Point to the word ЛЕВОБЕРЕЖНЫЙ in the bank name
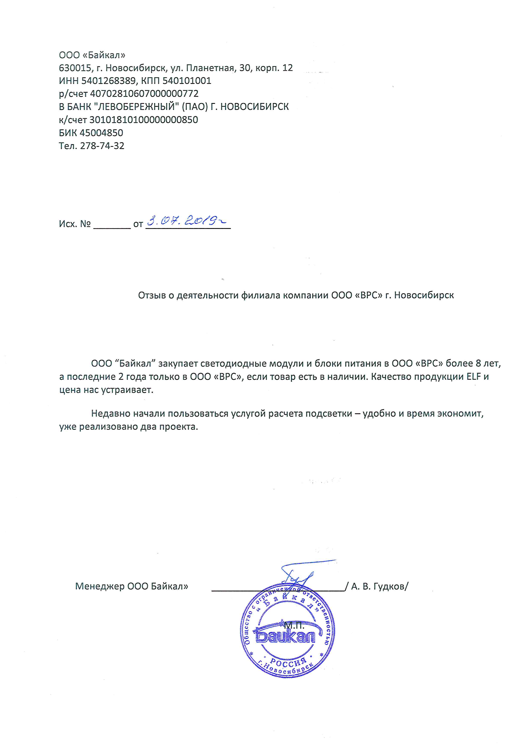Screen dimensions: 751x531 tap(136, 107)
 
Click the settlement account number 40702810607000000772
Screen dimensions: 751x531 tap(144, 94)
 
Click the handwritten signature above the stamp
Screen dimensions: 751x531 tap(298, 576)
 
